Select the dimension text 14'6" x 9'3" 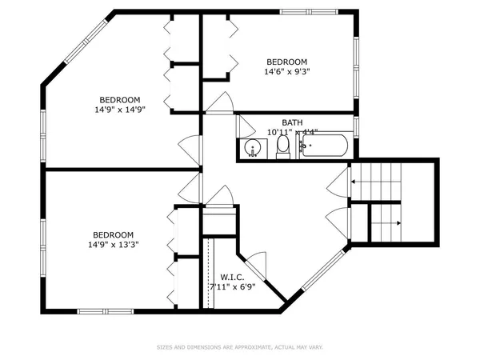[x=287, y=71]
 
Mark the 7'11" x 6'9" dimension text [x=233, y=286]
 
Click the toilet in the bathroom [x=282, y=146]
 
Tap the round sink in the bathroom [x=253, y=149]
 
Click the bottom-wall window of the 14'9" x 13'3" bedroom [x=105, y=310]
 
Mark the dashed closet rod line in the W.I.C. [x=207, y=272]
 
